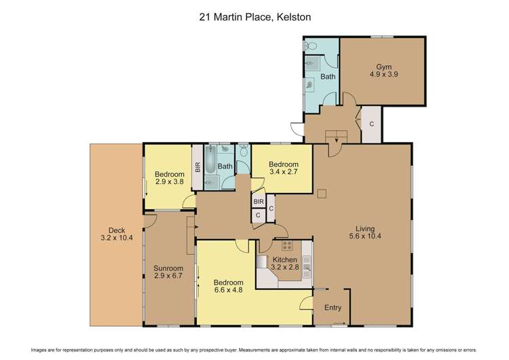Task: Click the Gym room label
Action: pos(384,67)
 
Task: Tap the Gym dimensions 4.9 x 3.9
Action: pos(384,75)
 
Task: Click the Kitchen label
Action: pos(285,259)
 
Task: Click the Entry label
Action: pos(333,308)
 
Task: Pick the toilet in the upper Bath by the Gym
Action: pos(311,46)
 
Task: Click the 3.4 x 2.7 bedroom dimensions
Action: pos(283,173)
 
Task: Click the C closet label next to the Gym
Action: pos(371,124)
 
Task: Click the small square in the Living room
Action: pos(321,194)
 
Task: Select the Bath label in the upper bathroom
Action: pos(328,77)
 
